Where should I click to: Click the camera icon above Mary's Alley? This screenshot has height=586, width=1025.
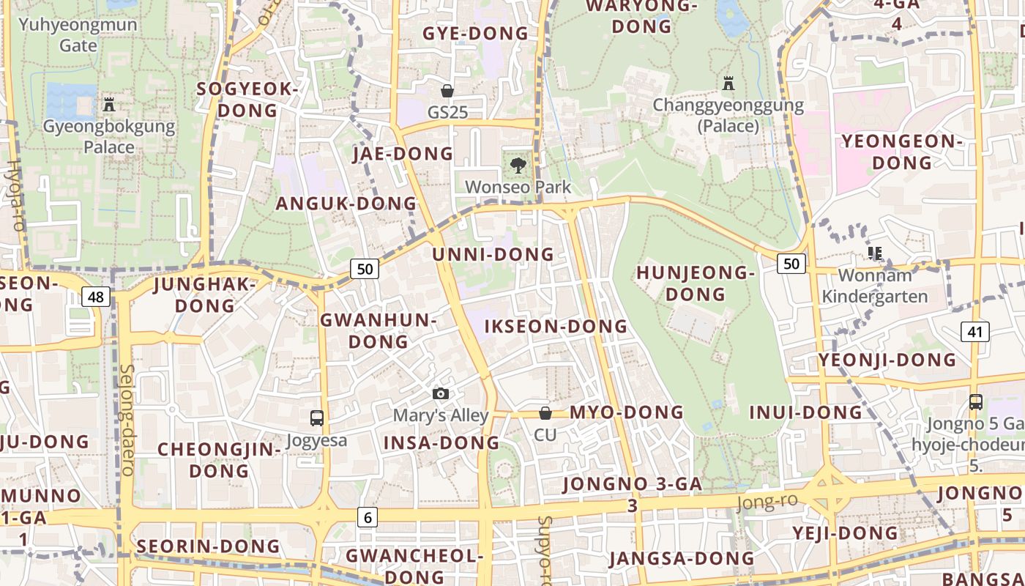440,394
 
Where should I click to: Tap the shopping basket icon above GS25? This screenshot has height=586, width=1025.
447,91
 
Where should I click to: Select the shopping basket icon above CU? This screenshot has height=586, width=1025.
545,413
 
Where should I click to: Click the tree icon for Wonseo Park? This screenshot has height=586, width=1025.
518,165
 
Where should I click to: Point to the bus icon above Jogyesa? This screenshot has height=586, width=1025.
316,418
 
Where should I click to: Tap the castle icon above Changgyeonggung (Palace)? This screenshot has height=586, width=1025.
728,83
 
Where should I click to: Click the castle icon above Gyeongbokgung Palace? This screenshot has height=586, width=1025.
109,105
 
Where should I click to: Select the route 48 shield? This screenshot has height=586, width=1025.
97,297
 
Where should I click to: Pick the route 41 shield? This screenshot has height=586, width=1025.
974,332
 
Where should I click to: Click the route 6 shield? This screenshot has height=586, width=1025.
368,517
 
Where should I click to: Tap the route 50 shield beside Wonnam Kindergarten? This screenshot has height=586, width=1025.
791,264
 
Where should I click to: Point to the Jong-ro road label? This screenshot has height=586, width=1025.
766,502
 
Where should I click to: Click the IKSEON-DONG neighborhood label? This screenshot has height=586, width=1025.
556,326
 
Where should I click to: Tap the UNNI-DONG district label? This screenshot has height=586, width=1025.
493,255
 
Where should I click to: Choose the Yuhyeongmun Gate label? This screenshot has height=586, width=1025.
78,34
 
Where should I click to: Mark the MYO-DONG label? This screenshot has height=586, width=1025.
626,412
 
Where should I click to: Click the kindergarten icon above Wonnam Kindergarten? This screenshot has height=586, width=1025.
874,253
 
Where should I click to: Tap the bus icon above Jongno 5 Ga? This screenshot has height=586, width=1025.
976,401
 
